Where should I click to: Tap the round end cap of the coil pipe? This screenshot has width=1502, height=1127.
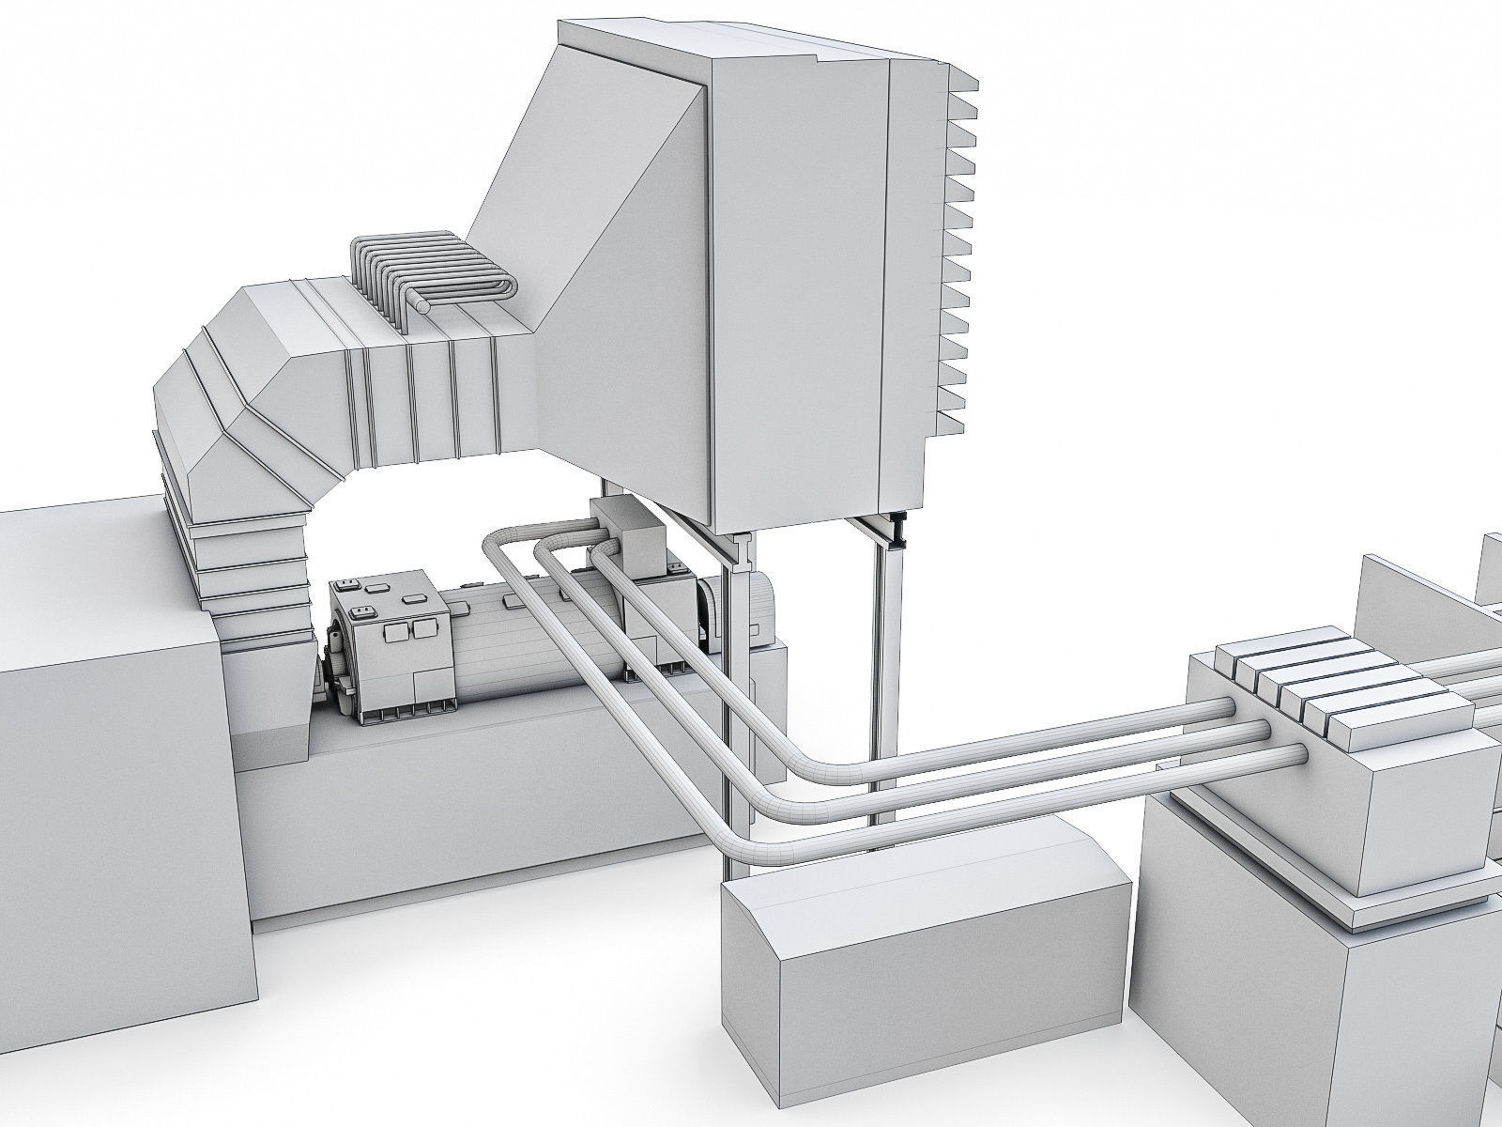(x=425, y=305)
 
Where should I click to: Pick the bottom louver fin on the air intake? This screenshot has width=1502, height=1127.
(x=950, y=421)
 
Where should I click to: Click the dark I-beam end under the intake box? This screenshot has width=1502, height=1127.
(x=899, y=530)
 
